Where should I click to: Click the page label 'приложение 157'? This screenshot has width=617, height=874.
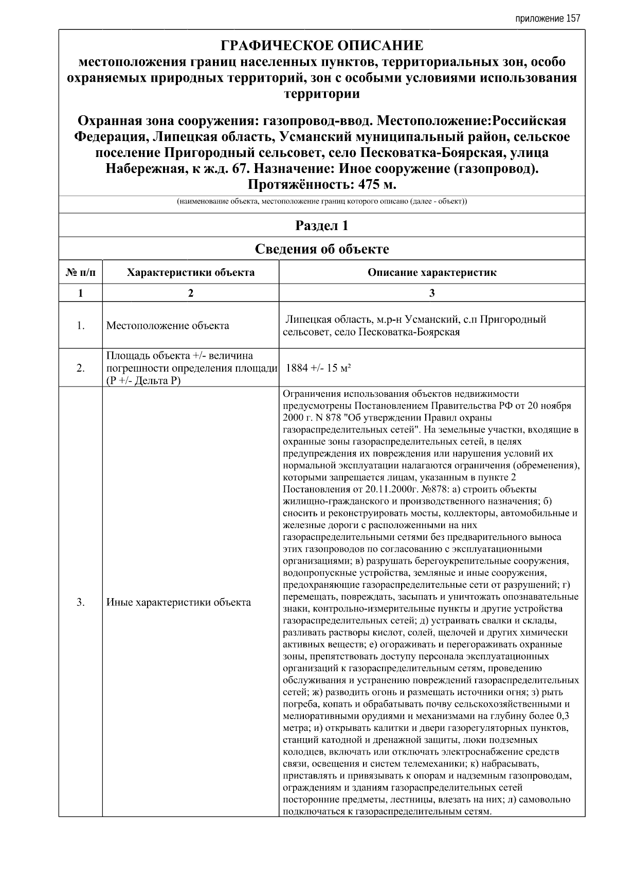click(x=547, y=19)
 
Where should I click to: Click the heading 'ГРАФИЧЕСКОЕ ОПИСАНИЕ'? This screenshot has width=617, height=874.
click(x=322, y=46)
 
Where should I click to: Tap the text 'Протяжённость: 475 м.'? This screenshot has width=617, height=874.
click(x=322, y=185)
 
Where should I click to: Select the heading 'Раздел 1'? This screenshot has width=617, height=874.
click(x=322, y=225)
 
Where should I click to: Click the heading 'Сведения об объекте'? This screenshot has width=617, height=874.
click(x=322, y=249)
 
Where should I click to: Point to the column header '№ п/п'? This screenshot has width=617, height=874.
click(x=80, y=272)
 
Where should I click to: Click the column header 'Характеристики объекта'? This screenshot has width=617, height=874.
click(x=190, y=272)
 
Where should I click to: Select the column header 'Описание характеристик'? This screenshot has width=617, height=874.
click(x=432, y=272)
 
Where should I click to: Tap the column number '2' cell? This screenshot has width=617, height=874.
click(x=190, y=293)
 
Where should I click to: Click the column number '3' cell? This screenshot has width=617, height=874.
click(x=432, y=293)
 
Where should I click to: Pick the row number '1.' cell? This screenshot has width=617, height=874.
click(x=80, y=325)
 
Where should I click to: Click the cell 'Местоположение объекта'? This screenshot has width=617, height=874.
click(x=168, y=326)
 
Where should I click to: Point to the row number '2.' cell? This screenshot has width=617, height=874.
click(x=80, y=368)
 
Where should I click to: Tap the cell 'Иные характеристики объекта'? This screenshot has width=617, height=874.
click(x=178, y=602)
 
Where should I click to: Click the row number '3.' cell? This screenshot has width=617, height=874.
click(x=80, y=602)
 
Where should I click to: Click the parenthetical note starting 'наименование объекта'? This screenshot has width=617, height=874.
click(x=322, y=201)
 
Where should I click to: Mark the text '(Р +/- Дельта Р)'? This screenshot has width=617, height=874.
click(x=143, y=380)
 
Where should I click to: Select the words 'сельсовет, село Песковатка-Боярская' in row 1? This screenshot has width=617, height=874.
click(x=371, y=332)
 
